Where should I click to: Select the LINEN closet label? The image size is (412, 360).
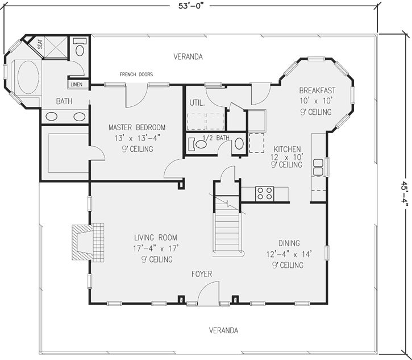click(x=77, y=85)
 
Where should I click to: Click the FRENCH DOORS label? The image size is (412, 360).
click(x=136, y=74)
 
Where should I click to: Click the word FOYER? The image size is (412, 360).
click(x=201, y=274)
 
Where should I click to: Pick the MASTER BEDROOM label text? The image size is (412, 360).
click(x=137, y=127)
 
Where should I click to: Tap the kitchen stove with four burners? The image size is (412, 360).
click(x=265, y=193)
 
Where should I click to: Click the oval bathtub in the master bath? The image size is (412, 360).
click(x=27, y=78)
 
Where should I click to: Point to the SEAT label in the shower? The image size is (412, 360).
click(x=40, y=44)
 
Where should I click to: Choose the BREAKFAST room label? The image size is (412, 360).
click(x=317, y=90)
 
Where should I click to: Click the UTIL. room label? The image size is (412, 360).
click(x=196, y=103)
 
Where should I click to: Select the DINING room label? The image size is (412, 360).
click(x=289, y=243)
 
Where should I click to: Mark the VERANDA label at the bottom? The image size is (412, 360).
click(x=223, y=330)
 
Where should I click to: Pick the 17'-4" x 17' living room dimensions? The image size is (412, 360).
click(x=156, y=248)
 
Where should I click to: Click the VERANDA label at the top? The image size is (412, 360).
click(x=188, y=56)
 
